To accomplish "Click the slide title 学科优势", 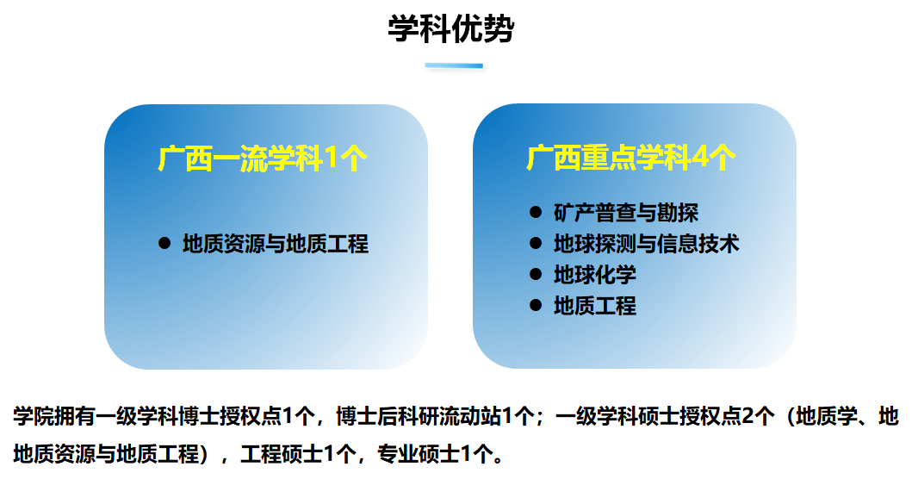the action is point(450,28).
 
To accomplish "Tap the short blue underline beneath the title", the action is point(454,65).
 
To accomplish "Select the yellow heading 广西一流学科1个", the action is point(263,159).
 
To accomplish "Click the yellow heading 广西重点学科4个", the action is point(631,158).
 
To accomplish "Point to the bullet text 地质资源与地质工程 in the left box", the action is point(275,244).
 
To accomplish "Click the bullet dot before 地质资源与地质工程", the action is point(164,243).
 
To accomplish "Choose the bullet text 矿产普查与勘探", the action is point(626,213).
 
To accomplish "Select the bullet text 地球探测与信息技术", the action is point(646,244).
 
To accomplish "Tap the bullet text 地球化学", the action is point(594,275).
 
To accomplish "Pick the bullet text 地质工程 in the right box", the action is point(594,306).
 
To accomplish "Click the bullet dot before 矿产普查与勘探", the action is point(536,212).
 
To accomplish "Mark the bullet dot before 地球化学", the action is point(536,274).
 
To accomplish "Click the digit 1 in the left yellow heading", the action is point(331,159).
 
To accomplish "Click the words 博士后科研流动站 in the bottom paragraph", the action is point(419,417).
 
